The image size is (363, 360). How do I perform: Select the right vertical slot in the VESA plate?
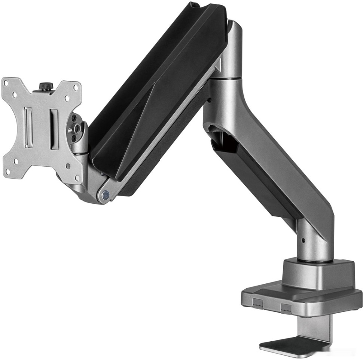click(x=55, y=129)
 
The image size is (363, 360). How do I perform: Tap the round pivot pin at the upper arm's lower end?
click(x=106, y=194)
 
